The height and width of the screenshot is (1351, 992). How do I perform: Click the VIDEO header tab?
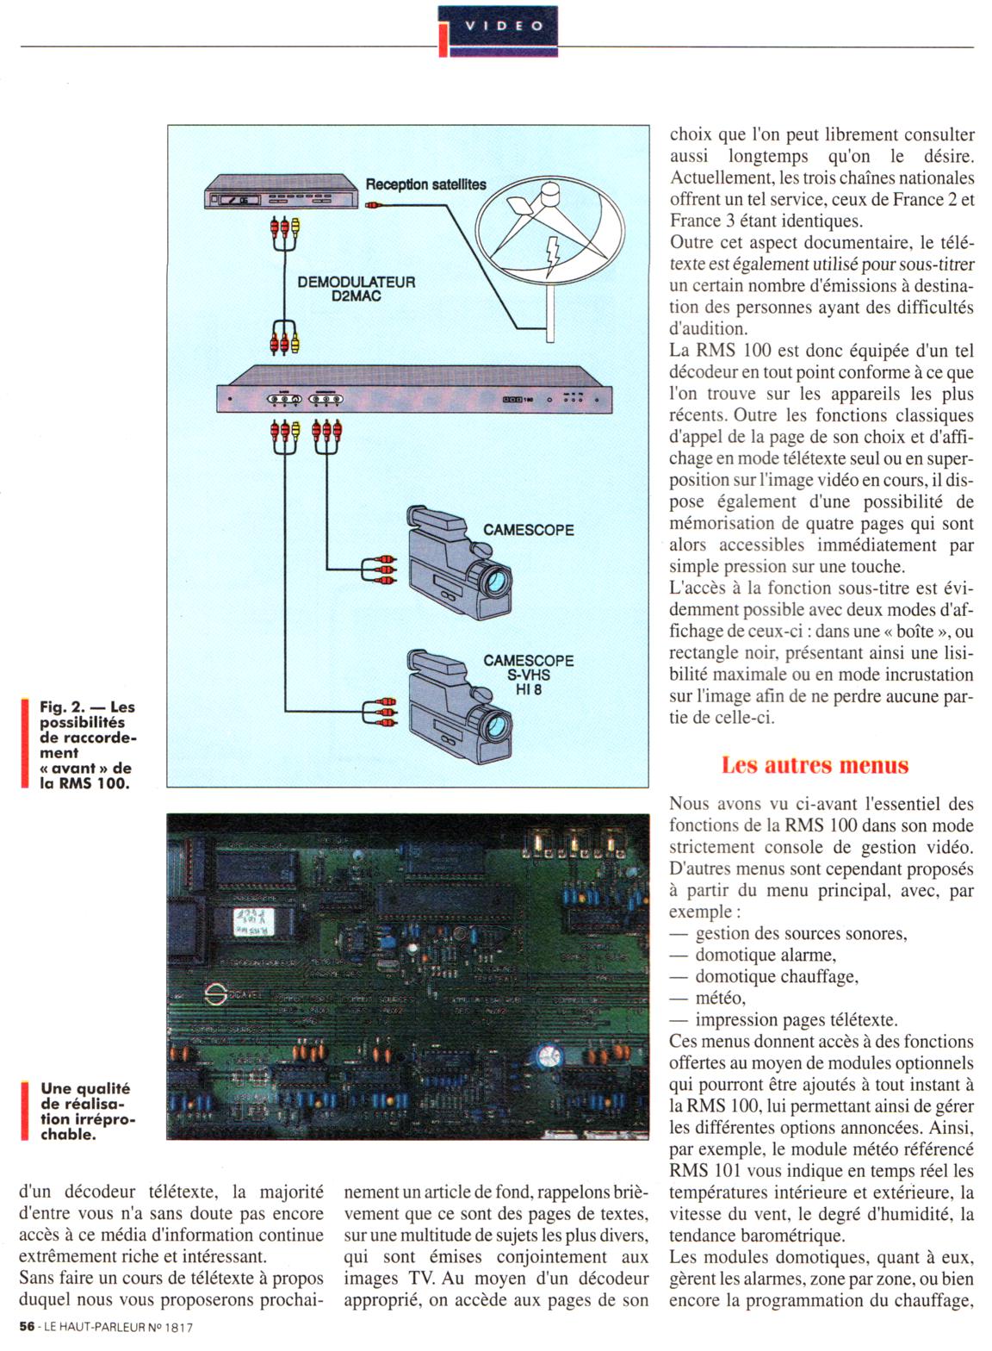coord(504,26)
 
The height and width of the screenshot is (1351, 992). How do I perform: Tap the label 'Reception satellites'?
coord(425,184)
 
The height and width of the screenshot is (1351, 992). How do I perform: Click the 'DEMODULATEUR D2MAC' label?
coord(356,289)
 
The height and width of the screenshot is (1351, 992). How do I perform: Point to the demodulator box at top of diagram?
coord(281,192)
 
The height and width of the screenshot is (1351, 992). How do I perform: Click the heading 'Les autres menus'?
coord(815,764)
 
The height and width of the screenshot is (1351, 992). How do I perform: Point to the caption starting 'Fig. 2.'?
coord(87,744)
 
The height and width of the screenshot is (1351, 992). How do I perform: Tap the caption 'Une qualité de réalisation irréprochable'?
coord(87,1111)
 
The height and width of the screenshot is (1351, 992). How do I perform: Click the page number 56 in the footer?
coord(26,1328)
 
